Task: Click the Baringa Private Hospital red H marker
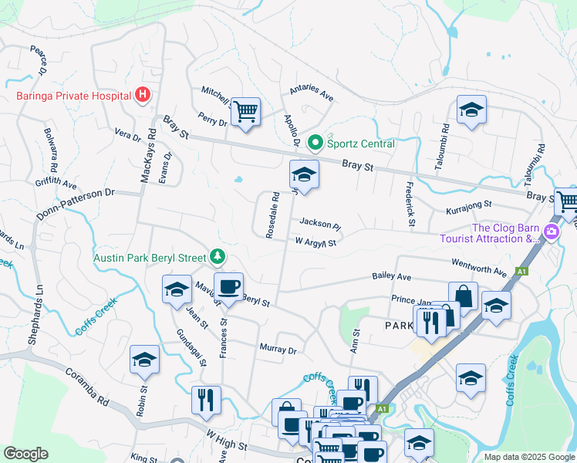pyautogui.click(x=142, y=96)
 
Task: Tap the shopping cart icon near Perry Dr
pyautogui.click(x=245, y=113)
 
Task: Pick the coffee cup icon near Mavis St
pyautogui.click(x=228, y=287)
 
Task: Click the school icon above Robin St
pyautogui.click(x=144, y=360)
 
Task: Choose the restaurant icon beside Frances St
pyautogui.click(x=206, y=400)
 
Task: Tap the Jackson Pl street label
pyautogui.click(x=319, y=225)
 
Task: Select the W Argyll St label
pyautogui.click(x=315, y=243)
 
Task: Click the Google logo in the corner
pyautogui.click(x=25, y=454)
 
